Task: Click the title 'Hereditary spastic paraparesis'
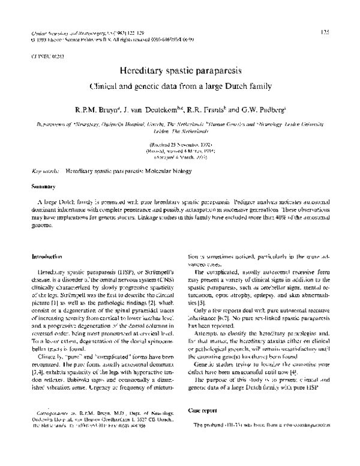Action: pos(180,70)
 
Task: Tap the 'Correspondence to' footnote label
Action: pos(56,414)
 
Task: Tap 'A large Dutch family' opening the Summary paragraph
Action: pos(67,204)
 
